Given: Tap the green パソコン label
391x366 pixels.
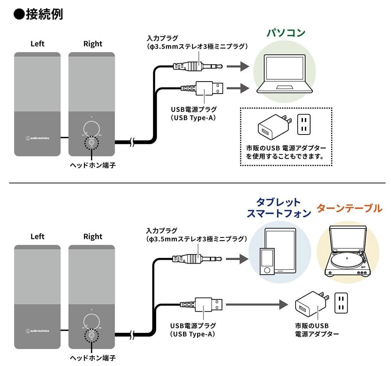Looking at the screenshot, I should (x=286, y=33).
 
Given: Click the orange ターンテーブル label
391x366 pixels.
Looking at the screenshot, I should (x=349, y=208).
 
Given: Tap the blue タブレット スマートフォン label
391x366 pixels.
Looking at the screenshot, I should (x=279, y=208).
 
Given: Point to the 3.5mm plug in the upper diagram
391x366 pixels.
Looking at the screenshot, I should (x=199, y=67).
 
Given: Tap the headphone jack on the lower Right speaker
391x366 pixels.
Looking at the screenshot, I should (x=92, y=335).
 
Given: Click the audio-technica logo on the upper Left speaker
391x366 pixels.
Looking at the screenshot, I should (x=37, y=138).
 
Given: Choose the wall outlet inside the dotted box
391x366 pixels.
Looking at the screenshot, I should (x=304, y=124).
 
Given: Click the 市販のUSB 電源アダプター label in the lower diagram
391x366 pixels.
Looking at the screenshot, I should (x=317, y=330).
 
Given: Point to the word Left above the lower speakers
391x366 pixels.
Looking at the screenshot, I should (x=37, y=236).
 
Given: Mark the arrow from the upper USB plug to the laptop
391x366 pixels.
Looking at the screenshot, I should (x=238, y=88).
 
